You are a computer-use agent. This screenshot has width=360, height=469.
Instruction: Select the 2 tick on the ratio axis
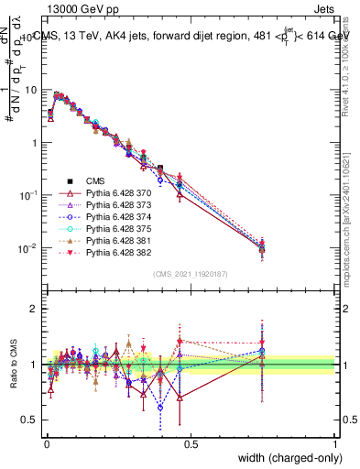35,309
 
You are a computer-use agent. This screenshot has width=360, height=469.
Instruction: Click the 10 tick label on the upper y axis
32,90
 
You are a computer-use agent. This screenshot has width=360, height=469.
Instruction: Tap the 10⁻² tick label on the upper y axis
28,248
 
